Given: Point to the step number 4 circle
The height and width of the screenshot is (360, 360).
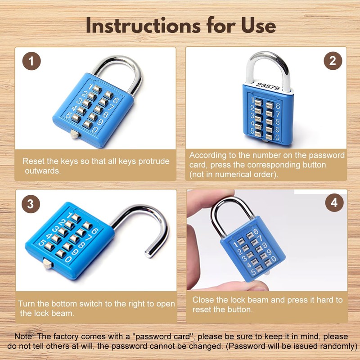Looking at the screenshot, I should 333,203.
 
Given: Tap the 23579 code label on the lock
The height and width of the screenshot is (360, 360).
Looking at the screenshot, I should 267,85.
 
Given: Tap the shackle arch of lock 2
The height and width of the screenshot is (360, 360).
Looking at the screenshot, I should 267,58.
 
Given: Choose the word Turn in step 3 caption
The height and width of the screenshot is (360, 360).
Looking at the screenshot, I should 26,304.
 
